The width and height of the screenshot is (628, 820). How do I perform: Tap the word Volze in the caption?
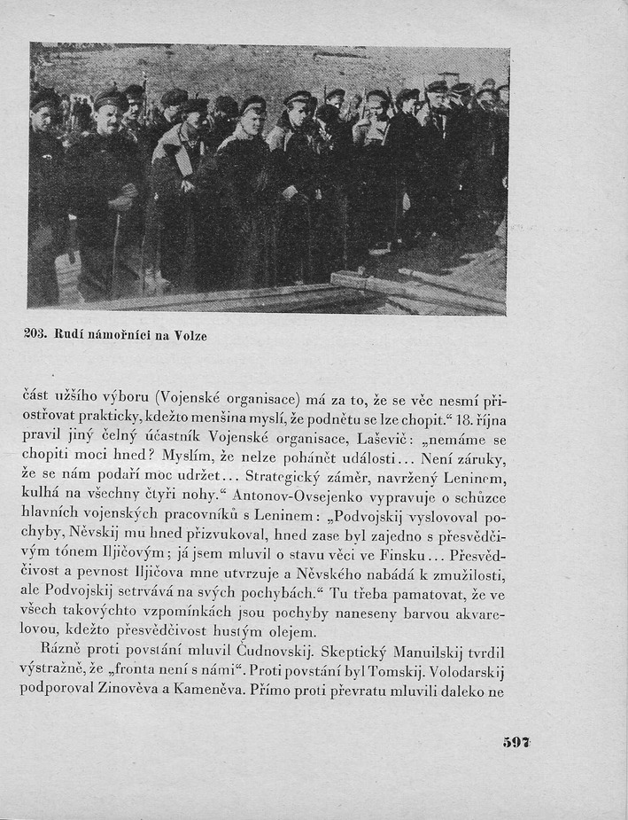(x=190, y=335)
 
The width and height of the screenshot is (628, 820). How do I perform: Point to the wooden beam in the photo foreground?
(x=416, y=292)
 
